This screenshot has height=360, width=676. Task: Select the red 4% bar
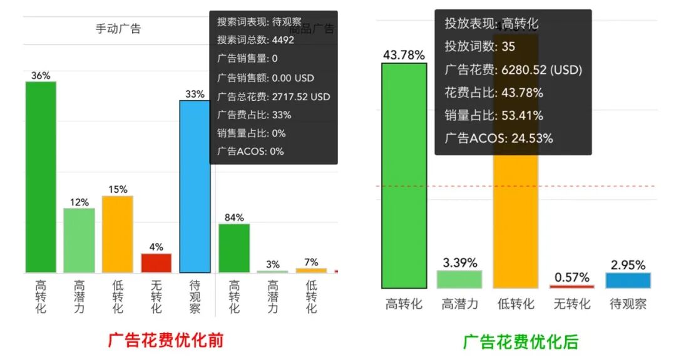(156, 263)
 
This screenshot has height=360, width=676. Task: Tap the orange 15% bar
(118, 234)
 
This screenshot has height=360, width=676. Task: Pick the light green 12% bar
(79, 240)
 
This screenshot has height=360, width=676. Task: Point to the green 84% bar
(234, 248)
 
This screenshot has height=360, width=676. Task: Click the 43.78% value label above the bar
(404, 55)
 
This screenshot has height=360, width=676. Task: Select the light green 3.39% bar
(459, 279)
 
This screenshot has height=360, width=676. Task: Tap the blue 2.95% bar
(628, 280)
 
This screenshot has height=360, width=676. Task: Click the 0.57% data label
(572, 277)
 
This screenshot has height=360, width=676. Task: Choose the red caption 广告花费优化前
(166, 341)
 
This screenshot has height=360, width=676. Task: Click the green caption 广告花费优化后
(521, 342)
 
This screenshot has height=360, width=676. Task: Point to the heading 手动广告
(118, 29)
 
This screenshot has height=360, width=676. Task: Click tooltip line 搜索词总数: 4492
(255, 40)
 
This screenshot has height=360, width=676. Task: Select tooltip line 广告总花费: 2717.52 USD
(274, 97)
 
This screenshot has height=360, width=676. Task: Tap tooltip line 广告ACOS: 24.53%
(499, 138)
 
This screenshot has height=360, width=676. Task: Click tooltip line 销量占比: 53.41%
(494, 116)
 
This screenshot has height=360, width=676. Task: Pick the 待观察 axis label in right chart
(628, 304)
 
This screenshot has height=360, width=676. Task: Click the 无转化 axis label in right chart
(572, 304)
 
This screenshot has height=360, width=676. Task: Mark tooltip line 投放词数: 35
(471, 47)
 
